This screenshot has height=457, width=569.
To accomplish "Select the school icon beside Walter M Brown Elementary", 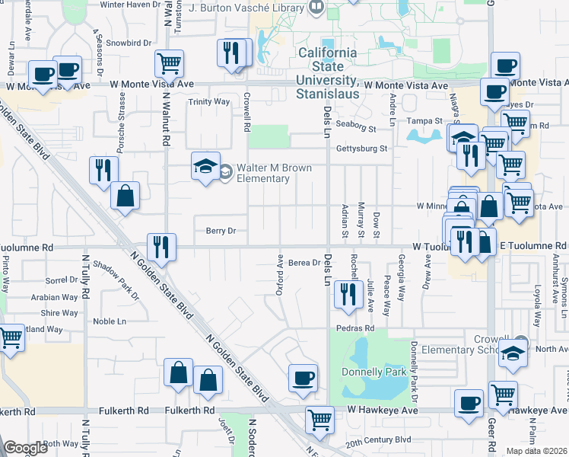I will coord(204,168).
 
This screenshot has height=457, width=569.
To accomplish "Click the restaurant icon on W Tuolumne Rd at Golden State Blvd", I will coord(161,246).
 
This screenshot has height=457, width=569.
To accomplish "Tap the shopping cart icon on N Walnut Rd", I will coord(169,63).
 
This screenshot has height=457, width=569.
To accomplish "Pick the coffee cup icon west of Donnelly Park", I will coord(303,379).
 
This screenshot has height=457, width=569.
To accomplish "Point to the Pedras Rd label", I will coord(356,328).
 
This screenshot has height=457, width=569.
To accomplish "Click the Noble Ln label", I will coord(109,321).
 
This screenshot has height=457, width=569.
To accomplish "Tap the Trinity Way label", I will coord(209,101).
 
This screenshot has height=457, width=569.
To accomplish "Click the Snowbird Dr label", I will coord(125,43).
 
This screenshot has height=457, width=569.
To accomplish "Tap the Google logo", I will coord(26,448).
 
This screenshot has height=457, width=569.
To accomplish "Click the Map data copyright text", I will coord(536,451).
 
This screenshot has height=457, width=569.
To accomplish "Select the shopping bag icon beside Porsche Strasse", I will coord(125,195).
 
